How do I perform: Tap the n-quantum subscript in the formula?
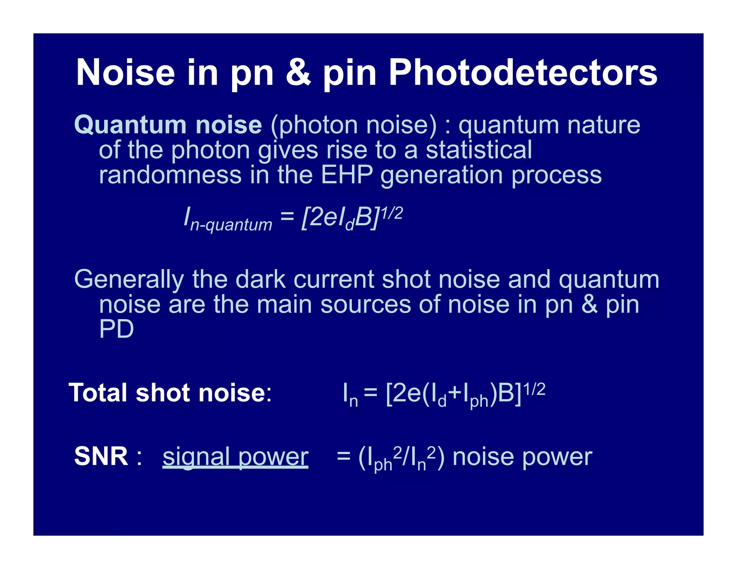tap(231, 225)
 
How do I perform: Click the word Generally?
tap(128, 279)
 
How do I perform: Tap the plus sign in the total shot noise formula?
tap(455, 393)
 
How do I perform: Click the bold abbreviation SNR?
tap(101, 456)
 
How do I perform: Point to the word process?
tap(556, 176)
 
